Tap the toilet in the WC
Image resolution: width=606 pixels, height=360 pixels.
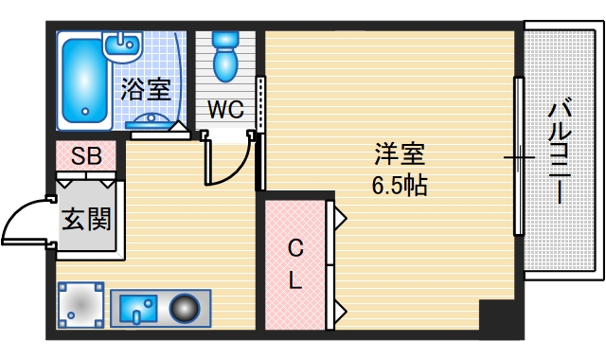225,58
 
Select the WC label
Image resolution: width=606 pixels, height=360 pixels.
225,110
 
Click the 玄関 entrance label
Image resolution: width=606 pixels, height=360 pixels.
85,220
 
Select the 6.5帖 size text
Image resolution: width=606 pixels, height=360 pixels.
399,185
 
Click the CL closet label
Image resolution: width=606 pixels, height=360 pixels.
294,265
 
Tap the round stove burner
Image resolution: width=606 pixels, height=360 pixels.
186,309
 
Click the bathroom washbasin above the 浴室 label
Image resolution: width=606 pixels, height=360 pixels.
121,44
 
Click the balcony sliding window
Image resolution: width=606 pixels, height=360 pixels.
518,156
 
